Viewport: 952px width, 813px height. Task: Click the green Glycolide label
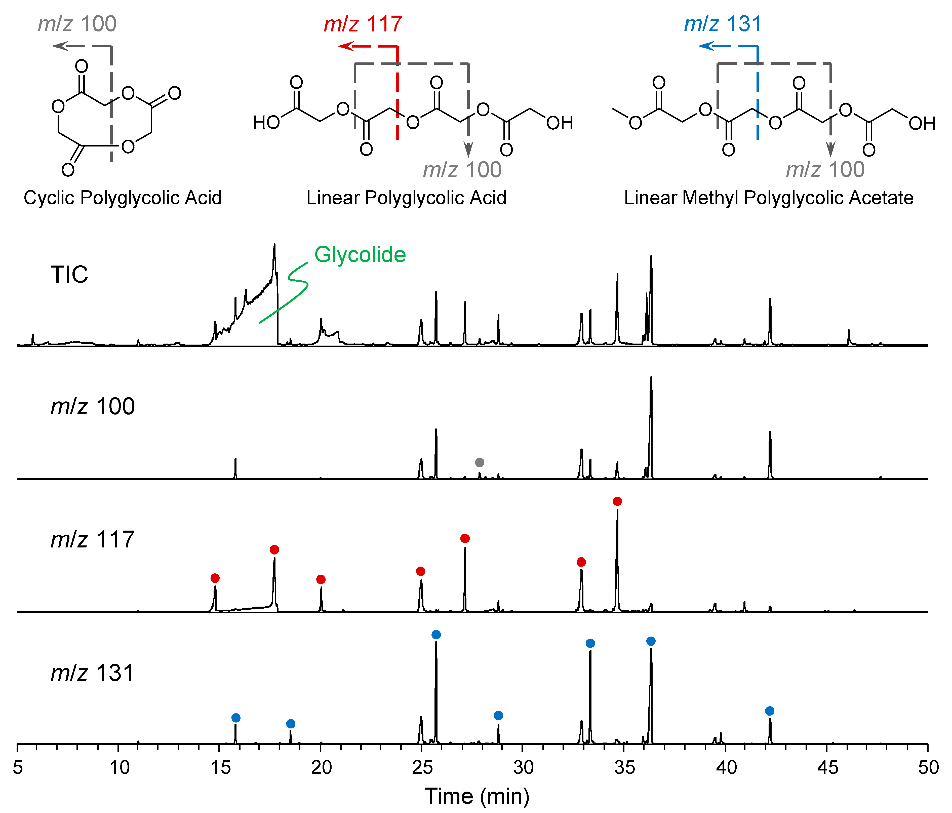(360, 255)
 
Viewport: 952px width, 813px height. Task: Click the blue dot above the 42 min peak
(770, 711)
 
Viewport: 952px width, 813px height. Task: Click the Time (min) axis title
(477, 796)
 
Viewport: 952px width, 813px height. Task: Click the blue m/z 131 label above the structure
(723, 24)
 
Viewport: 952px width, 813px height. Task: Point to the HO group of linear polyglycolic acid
(266, 123)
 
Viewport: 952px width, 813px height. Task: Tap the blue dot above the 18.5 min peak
(290, 724)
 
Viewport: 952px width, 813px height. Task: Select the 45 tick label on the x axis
(827, 767)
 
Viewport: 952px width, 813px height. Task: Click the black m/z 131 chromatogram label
(92, 673)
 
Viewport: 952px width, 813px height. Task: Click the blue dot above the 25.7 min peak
(436, 635)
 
